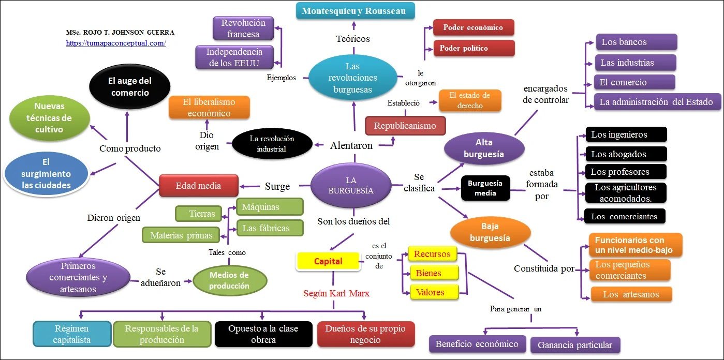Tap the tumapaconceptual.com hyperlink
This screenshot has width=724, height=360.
point(116,43)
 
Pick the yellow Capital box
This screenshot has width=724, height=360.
point(328,261)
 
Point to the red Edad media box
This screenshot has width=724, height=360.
point(198,186)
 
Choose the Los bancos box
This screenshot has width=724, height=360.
point(636,42)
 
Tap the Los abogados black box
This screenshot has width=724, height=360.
point(626,154)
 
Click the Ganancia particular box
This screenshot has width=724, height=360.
point(574,345)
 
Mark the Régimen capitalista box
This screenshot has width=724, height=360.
point(72,334)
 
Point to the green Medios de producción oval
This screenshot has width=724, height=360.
point(229,280)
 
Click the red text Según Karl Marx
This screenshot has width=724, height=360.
point(336,294)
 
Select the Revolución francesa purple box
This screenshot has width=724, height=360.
point(243,28)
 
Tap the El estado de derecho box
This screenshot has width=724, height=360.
point(470,100)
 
